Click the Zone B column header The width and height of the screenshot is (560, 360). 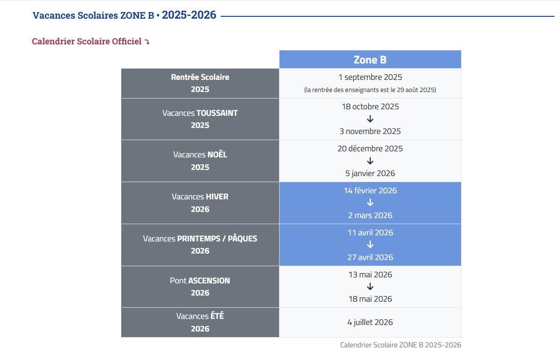coord(370,60)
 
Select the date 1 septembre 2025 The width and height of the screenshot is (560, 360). coord(370,77)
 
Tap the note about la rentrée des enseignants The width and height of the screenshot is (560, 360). coord(370,90)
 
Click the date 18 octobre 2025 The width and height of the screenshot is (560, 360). coord(370,106)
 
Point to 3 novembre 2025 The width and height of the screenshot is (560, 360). coord(370,131)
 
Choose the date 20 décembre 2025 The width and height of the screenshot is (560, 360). coord(370,148)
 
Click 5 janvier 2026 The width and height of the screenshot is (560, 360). coord(370,173)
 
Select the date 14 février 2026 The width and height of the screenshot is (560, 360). coord(370,191)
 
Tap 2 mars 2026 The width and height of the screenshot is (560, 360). coord(370,215)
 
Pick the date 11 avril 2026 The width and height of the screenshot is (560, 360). coord(370,233)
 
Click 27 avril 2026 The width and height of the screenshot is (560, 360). coord(370,257)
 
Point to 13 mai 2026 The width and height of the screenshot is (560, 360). coord(370,275)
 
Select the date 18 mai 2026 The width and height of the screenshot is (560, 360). coord(370,299)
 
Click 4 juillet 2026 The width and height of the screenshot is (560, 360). coord(370,322)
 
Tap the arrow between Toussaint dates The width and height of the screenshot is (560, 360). coord(370,119)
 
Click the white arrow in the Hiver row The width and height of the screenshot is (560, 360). coord(370,203)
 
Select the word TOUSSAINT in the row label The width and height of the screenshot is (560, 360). coord(217,113)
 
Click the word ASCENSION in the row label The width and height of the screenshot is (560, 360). coord(209,281)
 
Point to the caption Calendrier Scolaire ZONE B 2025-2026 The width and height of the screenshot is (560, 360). coord(400,345)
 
